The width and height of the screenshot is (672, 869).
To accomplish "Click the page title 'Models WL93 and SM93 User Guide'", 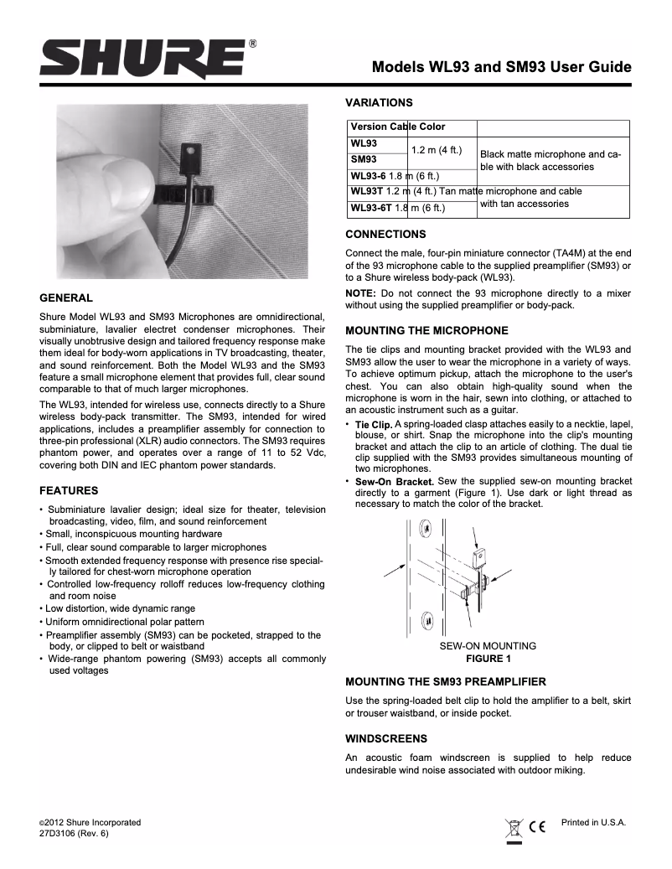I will tap(501, 67).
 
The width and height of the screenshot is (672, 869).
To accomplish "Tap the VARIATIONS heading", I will tap(379, 102).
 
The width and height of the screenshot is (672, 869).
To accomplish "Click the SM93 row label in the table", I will tap(363, 158).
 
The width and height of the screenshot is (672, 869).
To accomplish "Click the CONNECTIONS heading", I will tap(385, 234).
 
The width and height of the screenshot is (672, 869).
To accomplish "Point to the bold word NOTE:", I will tap(362, 292).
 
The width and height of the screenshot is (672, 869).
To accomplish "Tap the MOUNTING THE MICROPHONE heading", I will tap(426, 330).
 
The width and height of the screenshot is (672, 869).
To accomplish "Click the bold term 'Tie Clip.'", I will tap(374, 427).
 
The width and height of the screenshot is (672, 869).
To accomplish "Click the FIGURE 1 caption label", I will tap(488, 659).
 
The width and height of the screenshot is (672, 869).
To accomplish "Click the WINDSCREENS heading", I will tap(386, 738).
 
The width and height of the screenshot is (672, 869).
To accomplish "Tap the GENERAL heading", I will tap(66, 297).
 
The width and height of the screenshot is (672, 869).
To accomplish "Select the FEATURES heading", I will tap(70, 489).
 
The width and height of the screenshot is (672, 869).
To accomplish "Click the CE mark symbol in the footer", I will tap(538, 828).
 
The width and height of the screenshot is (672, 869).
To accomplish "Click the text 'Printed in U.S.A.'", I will tap(593, 822).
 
